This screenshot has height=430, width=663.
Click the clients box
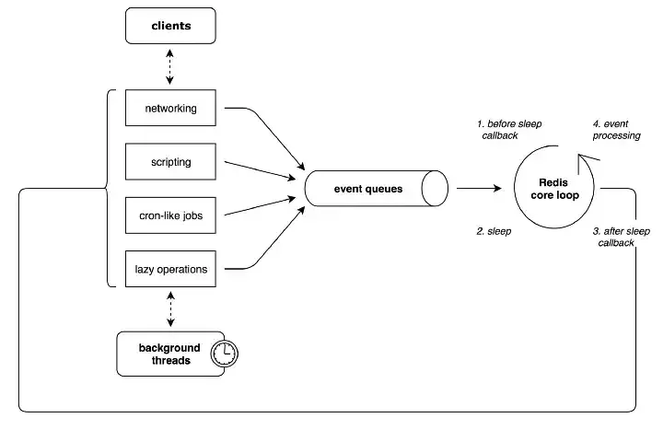170,25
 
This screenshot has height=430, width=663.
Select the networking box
170,108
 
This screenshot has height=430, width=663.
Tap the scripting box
170,161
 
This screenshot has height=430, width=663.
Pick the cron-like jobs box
170,215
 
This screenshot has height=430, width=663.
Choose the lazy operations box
170,269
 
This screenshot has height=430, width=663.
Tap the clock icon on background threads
224,354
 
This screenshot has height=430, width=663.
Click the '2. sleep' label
494,232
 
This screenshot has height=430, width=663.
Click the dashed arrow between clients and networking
170,66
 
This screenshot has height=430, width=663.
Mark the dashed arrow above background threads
170,308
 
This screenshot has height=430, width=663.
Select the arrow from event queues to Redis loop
477,189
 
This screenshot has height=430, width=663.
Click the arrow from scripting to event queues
262,170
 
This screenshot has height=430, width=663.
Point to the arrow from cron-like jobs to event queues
262,207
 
